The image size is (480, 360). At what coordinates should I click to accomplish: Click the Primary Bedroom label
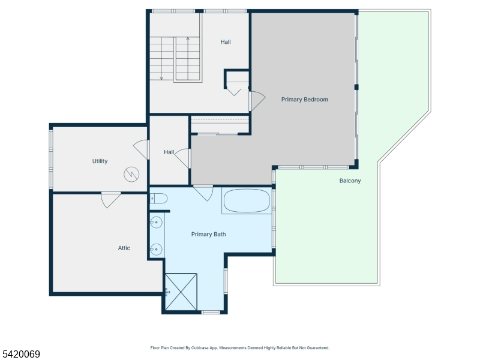pos(305,100)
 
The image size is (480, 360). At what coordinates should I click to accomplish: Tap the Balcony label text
pos(350,181)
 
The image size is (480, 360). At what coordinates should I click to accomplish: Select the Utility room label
pos(100,161)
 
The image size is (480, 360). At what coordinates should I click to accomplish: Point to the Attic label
pos(124,248)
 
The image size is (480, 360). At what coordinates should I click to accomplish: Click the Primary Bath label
pos(208,234)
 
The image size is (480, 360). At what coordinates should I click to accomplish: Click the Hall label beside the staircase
pos(226,42)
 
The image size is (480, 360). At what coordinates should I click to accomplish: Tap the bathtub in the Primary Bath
pos(247,200)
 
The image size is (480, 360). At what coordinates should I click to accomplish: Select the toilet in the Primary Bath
pos(158,199)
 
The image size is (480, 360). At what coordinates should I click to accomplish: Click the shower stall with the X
pos(181,292)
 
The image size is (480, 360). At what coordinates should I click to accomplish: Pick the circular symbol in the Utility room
pos(131,175)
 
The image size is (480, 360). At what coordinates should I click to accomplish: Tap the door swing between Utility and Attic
pos(111,200)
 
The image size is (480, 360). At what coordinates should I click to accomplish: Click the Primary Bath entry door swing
pos(203,193)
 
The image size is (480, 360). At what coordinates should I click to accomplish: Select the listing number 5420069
pos(20,354)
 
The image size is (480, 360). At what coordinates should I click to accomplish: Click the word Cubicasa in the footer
pos(200,348)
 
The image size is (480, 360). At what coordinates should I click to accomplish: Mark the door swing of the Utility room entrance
pos(142,149)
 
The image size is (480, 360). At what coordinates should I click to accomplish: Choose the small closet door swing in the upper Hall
pos(235,92)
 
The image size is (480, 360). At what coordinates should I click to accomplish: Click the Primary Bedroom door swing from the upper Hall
pos(257,101)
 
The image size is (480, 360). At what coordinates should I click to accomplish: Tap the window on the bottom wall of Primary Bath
pos(211,312)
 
